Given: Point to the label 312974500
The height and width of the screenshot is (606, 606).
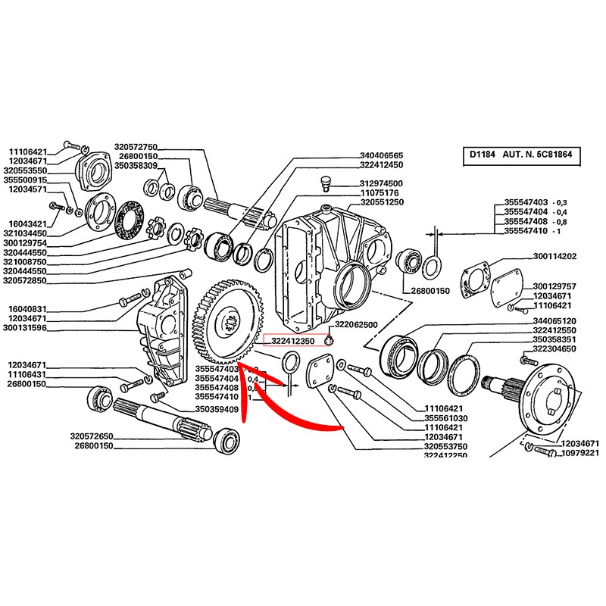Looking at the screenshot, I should point(381,183).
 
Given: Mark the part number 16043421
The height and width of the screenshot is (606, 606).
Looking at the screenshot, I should point(28,223).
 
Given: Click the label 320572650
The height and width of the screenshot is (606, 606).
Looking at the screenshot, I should point(91,436).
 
